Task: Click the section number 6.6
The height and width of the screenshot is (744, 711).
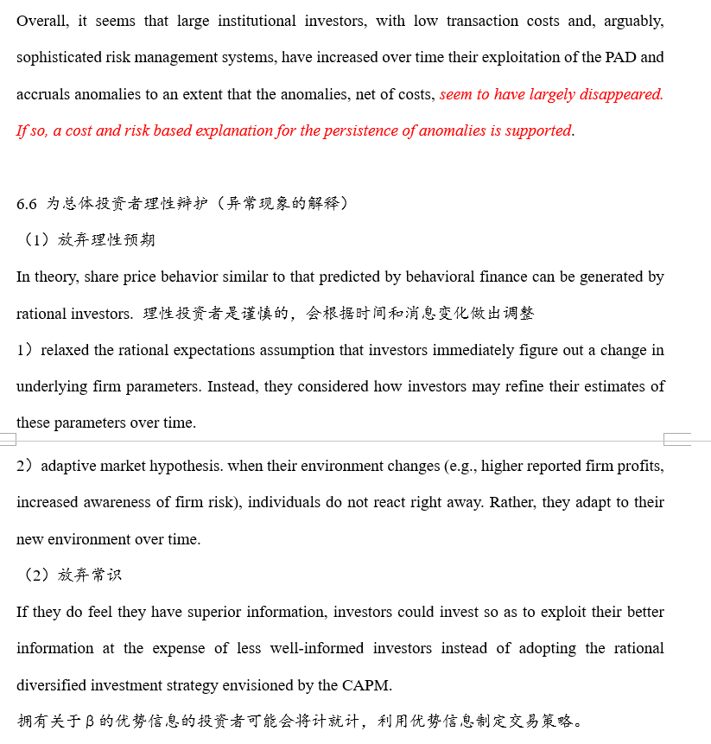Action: point(27,204)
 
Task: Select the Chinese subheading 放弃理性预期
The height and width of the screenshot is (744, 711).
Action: point(106,240)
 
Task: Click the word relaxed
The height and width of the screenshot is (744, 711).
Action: point(66,350)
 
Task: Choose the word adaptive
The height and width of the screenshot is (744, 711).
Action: point(69,467)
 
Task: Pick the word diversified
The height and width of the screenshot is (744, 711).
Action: point(54,686)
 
